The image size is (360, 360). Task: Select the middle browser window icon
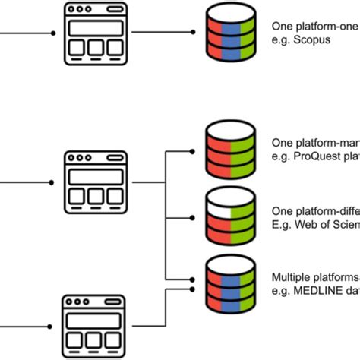click(95, 182)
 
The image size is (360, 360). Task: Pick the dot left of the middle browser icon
click(51, 183)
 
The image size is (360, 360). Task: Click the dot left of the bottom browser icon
click(51, 327)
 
